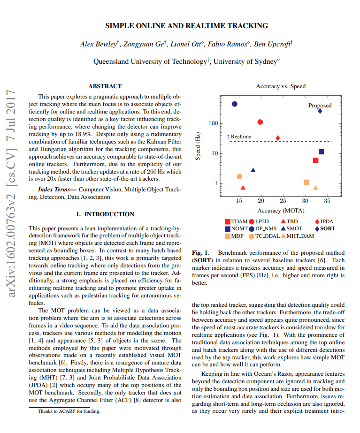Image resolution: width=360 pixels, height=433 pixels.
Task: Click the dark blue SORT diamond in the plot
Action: point(320,111)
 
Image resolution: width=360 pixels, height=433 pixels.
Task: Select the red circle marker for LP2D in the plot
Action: point(260,122)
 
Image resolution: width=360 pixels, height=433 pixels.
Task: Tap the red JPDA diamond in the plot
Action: point(278,138)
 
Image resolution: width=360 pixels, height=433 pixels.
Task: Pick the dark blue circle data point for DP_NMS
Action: point(235,104)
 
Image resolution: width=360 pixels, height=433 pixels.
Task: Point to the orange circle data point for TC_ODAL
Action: point(239,176)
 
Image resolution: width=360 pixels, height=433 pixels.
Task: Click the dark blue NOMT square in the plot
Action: point(322,152)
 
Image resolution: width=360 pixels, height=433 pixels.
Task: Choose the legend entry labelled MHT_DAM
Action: point(300,236)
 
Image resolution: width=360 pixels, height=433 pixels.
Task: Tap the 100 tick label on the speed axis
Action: point(214,123)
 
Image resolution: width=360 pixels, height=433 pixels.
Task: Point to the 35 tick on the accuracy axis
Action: point(327,201)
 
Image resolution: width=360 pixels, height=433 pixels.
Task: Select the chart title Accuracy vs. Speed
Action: point(280,86)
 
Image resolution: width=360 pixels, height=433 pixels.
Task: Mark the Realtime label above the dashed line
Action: point(241,137)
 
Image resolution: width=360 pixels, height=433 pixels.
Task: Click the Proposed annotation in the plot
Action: point(320,106)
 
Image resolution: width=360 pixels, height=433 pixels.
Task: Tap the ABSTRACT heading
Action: point(105,86)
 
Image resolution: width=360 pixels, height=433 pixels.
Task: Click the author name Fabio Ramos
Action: point(228,44)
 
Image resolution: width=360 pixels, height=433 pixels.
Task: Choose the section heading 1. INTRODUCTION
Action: point(105,214)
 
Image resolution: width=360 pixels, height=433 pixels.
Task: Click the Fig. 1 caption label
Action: point(200,253)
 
